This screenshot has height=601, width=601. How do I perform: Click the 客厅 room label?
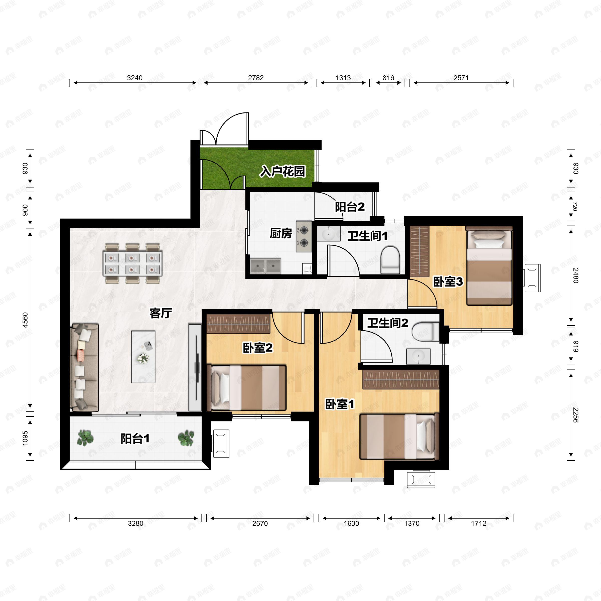(161, 313)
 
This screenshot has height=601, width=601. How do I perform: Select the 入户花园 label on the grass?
(282, 171)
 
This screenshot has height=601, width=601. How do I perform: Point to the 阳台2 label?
(350, 207)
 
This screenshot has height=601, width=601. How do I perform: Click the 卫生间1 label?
(367, 236)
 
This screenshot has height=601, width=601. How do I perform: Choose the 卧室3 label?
(448, 282)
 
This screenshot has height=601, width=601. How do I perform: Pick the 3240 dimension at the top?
(135, 78)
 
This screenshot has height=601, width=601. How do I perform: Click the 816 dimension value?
(388, 78)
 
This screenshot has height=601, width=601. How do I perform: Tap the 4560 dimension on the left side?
(25, 320)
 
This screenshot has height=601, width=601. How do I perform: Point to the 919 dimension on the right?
(575, 346)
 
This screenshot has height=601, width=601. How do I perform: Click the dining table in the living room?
(132, 263)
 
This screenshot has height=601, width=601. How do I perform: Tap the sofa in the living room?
(85, 367)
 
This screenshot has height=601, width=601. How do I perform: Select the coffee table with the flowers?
(143, 357)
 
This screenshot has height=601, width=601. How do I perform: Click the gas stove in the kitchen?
(304, 236)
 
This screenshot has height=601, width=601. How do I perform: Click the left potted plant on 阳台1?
(85, 438)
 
